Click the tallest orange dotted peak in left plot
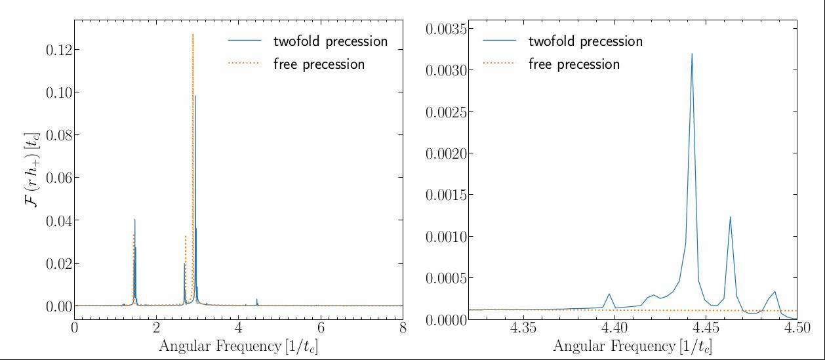(x=193, y=34)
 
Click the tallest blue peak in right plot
(x=692, y=54)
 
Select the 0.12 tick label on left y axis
(x=59, y=50)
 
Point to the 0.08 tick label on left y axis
(x=59, y=135)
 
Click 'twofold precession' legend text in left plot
(x=331, y=41)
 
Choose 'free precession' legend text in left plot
(x=319, y=64)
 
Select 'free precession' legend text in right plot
(x=574, y=64)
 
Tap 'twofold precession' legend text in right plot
(x=586, y=41)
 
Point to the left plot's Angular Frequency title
(x=239, y=346)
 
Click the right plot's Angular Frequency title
(x=633, y=346)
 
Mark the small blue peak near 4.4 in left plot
(x=256, y=299)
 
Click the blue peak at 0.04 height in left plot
(x=134, y=220)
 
